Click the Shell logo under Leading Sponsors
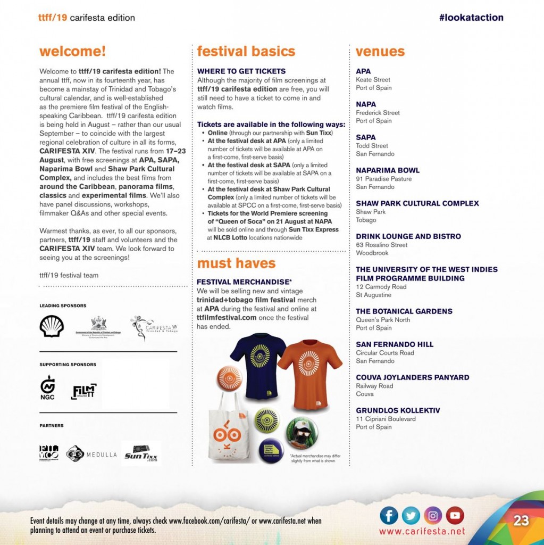click(52, 326)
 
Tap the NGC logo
click(47, 387)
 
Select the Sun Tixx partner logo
click(141, 453)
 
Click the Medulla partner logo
click(91, 454)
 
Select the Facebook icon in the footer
click(389, 515)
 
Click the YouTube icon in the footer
click(455, 515)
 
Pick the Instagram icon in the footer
click(433, 515)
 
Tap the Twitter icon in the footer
click(411, 515)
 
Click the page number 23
click(521, 521)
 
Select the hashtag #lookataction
click(471, 18)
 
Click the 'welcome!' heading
click(72, 52)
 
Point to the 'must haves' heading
click(236, 263)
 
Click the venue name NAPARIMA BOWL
click(388, 170)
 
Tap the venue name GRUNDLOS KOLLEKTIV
click(398, 410)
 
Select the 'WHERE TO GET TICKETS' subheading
click(241, 71)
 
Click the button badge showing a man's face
click(302, 432)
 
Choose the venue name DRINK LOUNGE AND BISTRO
click(408, 236)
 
